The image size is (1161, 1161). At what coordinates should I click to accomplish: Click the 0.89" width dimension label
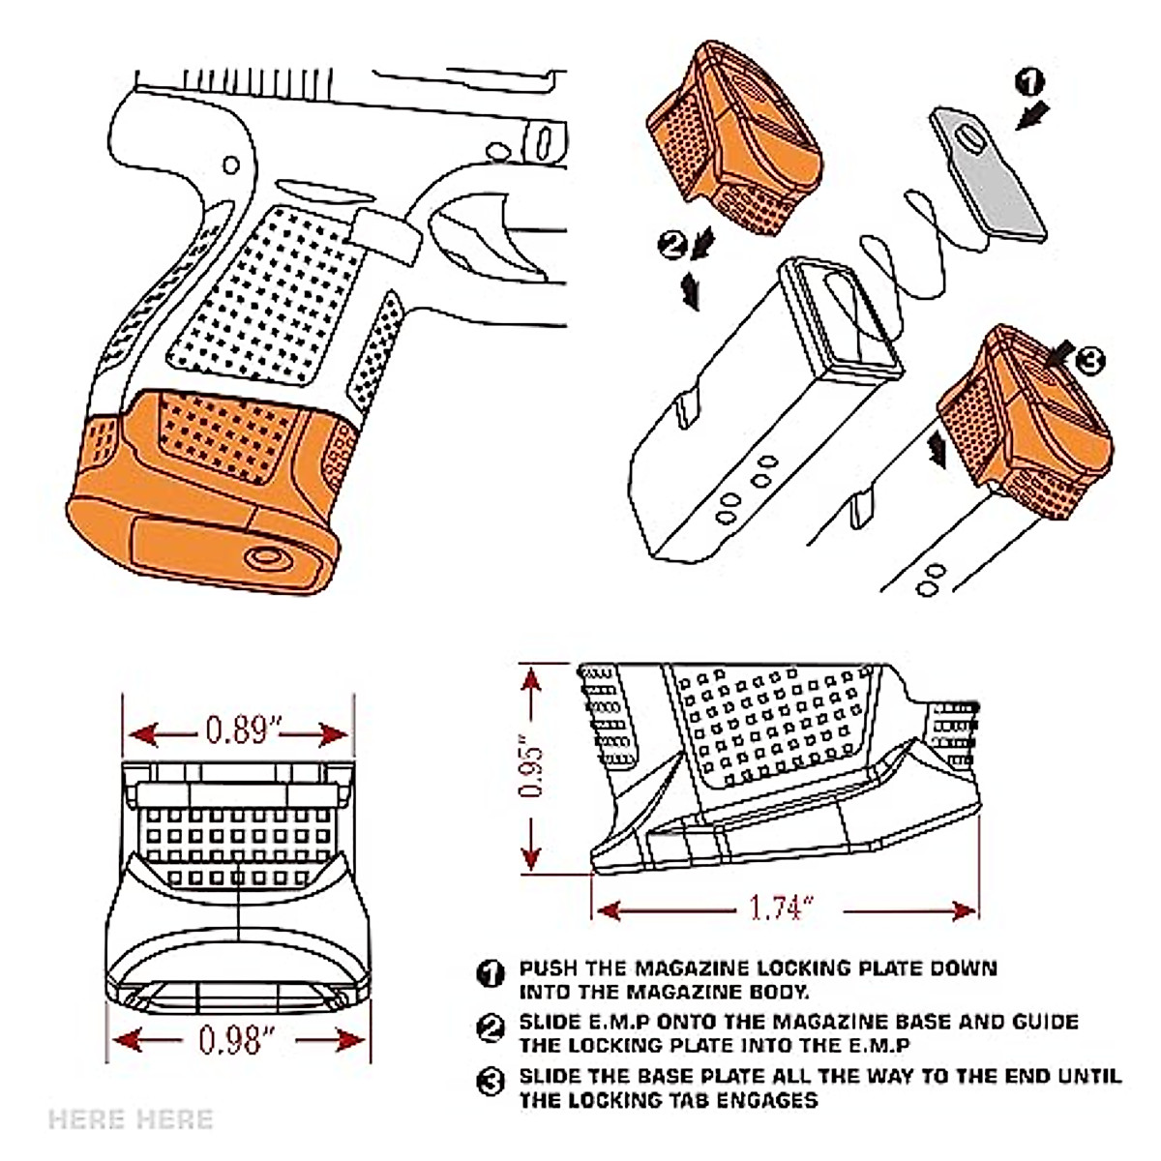pyautogui.click(x=238, y=729)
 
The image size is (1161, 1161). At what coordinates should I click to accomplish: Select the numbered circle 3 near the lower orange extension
pyautogui.click(x=1088, y=362)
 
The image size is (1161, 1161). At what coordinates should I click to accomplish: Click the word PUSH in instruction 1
pyautogui.click(x=548, y=968)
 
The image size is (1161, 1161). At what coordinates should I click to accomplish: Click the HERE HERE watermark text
pyautogui.click(x=131, y=1120)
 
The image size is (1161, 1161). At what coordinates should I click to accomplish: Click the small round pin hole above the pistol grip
pyautogui.click(x=231, y=164)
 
